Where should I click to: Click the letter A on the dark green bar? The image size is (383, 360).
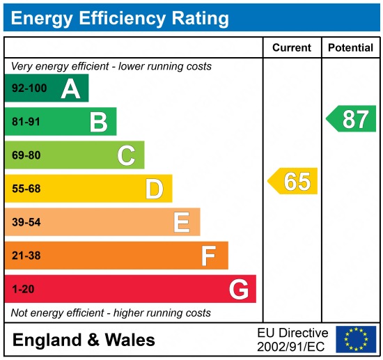(70, 88)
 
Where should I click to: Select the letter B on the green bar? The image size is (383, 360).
(98, 122)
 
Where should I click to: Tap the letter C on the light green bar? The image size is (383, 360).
(126, 155)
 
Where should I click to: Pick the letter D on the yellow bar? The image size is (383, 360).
(154, 189)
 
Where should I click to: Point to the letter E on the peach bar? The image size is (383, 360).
(182, 222)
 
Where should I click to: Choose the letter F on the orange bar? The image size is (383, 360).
(209, 256)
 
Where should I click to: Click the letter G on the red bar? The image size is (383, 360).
(238, 289)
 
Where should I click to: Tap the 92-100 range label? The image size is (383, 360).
(29, 88)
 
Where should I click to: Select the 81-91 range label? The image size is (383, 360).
(26, 122)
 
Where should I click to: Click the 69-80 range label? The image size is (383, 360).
(26, 155)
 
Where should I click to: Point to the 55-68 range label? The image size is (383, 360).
(26, 189)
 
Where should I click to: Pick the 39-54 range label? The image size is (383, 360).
(26, 222)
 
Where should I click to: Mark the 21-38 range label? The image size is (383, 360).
(26, 256)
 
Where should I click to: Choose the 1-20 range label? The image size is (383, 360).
(22, 289)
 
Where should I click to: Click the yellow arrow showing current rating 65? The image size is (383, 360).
(293, 181)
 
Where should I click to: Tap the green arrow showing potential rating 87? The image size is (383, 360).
(352, 119)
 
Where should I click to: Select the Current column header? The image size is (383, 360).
(291, 48)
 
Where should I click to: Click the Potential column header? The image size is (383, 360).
(351, 48)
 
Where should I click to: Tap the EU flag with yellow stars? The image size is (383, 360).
(355, 340)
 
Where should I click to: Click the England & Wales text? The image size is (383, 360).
(84, 341)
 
